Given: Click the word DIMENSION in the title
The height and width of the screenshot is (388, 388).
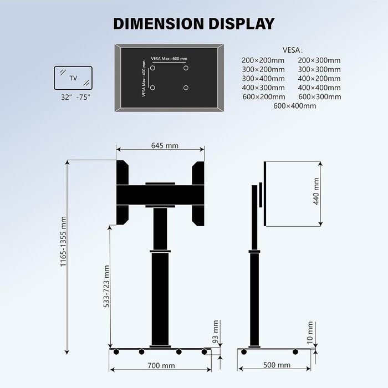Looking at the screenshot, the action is click(x=159, y=24).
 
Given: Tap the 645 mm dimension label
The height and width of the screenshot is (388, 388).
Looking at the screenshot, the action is click(x=165, y=145).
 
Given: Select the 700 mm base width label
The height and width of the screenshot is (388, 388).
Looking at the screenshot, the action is click(x=161, y=365).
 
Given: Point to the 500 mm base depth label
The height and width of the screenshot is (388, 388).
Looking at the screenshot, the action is click(x=277, y=365).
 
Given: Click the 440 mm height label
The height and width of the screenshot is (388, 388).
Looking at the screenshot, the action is click(x=316, y=191).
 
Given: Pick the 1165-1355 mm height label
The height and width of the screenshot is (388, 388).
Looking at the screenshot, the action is click(x=63, y=241).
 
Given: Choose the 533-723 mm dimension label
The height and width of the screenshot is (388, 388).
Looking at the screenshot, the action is click(x=106, y=287).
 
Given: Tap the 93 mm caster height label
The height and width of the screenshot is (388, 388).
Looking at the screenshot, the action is click(x=216, y=331).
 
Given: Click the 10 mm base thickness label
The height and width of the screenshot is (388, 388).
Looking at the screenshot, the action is click(x=310, y=333).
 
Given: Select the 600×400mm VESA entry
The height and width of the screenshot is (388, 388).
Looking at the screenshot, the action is click(x=294, y=106).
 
